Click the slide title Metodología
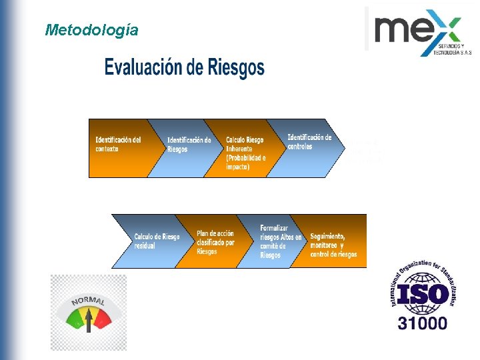coord(92,30)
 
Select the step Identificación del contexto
coord(118,145)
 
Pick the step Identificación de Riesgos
coord(189,145)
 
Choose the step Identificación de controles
coord(309,142)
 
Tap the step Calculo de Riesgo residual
coord(156,241)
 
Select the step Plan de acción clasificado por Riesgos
coord(215,242)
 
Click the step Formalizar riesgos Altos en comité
coord(280,241)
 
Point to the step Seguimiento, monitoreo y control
coord(333,245)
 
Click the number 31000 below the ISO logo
coord(423,324)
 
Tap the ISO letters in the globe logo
coord(423,294)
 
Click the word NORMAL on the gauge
coord(88,303)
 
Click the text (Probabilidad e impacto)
coord(245,163)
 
